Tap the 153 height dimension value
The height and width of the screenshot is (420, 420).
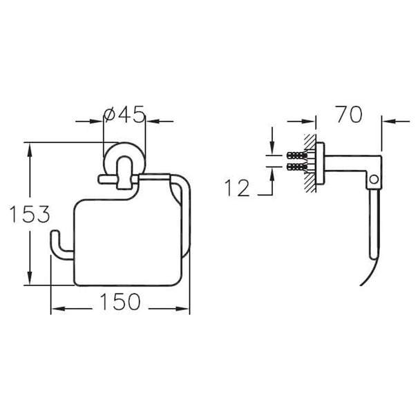30,214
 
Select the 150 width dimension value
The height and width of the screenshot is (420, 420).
120,302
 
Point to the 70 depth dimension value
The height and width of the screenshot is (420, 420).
350,115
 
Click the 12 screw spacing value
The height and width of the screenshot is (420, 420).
238,188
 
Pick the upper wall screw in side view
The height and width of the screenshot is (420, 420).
297,155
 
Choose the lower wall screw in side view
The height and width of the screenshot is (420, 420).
297,167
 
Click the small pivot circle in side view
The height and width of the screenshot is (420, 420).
374,179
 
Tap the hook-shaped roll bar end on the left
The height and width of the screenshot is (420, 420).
61,245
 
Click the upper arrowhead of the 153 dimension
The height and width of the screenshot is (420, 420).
30,150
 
